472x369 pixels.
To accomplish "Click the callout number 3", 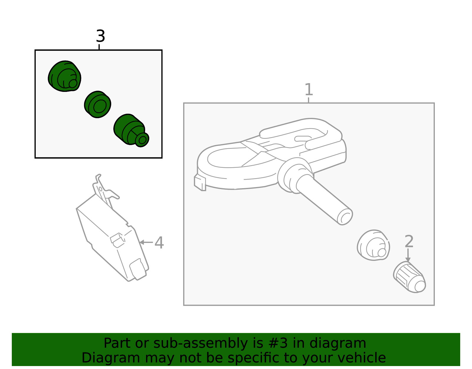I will click(100, 36).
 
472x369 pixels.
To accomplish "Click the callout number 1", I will click(308, 90).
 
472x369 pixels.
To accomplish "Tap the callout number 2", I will click(409, 241).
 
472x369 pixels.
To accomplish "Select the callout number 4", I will click(159, 243).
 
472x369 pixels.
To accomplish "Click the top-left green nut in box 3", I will click(65, 77).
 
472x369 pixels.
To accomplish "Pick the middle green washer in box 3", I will click(97, 105).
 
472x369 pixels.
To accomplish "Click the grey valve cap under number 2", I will click(409, 277).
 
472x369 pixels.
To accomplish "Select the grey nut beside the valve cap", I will click(373, 245).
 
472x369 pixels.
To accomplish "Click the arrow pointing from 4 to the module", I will click(146, 242).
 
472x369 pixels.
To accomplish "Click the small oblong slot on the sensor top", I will click(303, 138).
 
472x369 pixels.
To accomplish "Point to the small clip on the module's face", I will click(117, 240).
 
